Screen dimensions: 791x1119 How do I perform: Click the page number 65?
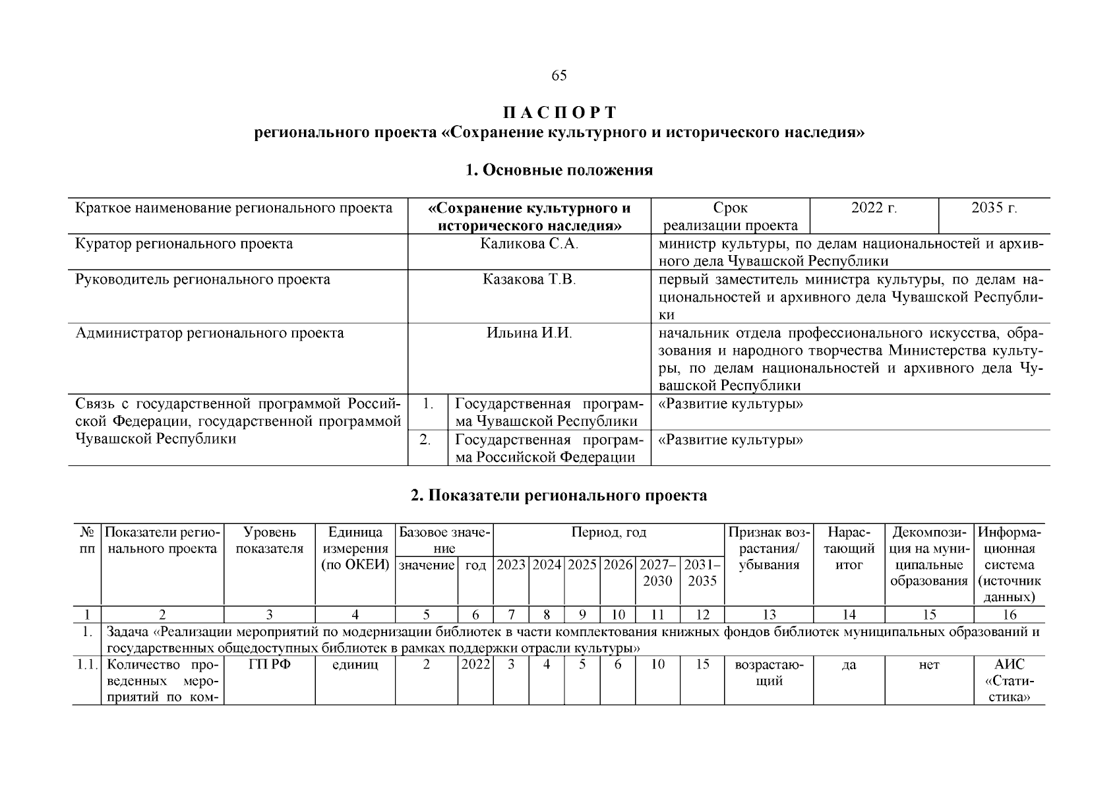point(559,75)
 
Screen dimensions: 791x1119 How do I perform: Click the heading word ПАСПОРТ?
point(559,113)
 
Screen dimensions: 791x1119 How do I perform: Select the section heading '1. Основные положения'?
point(559,170)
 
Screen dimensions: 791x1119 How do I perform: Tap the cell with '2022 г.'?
point(874,208)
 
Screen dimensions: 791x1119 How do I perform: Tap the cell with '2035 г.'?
point(994,208)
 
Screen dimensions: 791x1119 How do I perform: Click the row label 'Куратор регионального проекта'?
point(185,244)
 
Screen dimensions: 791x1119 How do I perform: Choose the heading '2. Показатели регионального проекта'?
point(559,496)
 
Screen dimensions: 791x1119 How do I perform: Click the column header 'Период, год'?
point(608,533)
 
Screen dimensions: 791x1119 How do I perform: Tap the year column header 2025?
point(582,565)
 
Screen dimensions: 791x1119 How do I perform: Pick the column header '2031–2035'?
point(702,573)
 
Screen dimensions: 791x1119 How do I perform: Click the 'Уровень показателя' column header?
point(270,541)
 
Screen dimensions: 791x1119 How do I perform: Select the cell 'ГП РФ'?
point(270,664)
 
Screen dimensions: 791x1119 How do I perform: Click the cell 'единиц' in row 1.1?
point(355,664)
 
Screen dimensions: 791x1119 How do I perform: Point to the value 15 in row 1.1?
point(702,664)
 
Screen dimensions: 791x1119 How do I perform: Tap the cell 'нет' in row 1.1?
point(928,665)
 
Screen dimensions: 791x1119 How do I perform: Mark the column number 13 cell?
point(769,615)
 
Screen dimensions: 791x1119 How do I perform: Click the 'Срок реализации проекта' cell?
point(730,217)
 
